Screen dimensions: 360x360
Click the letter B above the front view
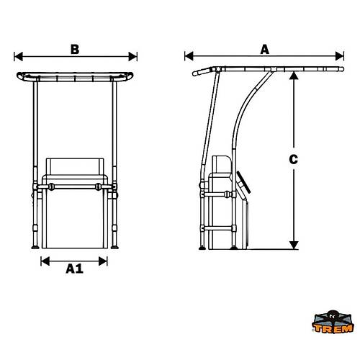point(75,49)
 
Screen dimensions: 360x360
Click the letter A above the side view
point(264,49)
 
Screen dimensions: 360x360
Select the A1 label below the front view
point(74,269)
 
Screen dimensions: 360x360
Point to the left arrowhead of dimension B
point(17,56)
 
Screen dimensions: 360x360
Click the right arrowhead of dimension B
point(135,56)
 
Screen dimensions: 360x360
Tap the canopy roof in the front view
point(76,76)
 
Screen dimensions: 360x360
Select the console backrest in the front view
point(76,169)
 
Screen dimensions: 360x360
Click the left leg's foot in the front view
point(35,248)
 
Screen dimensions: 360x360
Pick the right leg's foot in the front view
point(116,248)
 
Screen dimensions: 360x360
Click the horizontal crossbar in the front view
point(76,186)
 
